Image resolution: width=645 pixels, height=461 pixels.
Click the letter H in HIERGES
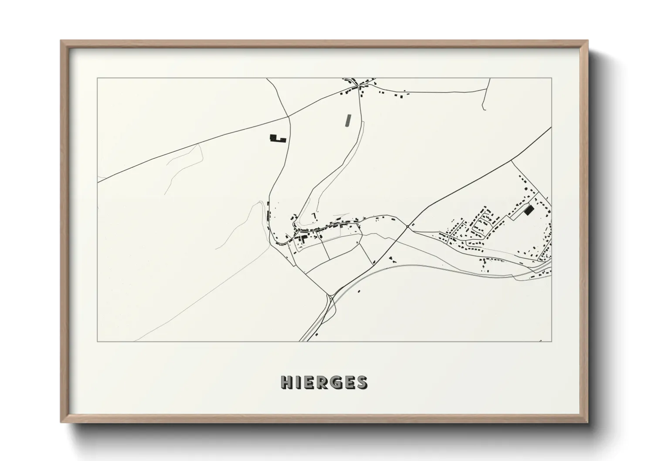point(286,382)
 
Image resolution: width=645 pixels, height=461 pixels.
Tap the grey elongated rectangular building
point(347,120)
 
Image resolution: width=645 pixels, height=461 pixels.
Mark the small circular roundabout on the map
point(407,226)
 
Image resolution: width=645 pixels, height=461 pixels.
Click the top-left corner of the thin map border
point(97,78)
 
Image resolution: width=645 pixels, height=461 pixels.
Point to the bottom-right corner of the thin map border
point(551,341)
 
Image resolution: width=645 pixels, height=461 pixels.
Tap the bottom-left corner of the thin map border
point(97,341)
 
